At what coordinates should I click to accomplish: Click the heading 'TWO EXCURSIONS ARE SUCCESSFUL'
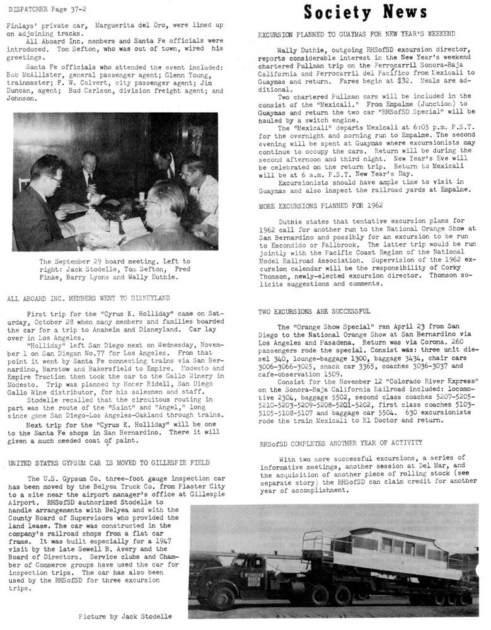pyautogui.click(x=315, y=311)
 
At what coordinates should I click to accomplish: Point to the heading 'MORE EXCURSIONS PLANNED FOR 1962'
pyautogui.click(x=321, y=205)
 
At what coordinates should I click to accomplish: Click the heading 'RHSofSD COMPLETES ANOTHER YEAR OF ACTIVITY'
pyautogui.click(x=341, y=443)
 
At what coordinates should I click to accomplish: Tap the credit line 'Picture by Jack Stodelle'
pyautogui.click(x=125, y=616)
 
